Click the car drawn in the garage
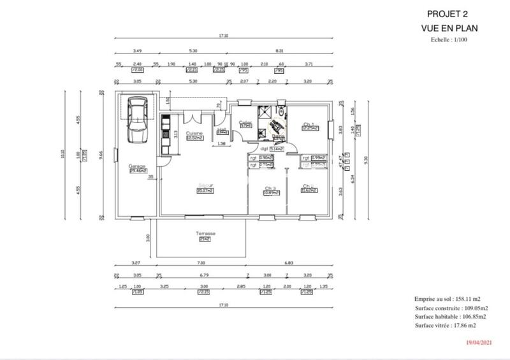136,121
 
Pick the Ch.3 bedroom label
270,189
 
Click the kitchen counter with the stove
166,134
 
